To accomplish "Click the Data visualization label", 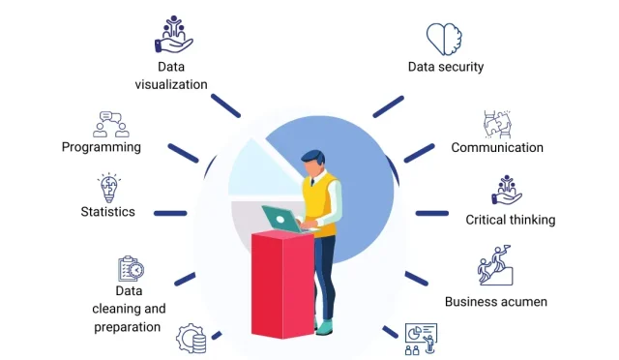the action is [x=170, y=75].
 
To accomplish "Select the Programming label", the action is [x=102, y=147].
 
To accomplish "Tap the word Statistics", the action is [x=108, y=211].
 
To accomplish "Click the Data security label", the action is [x=445, y=67].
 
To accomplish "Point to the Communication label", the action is [x=497, y=148].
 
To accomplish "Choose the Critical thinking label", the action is [x=511, y=220].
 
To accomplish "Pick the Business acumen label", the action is [x=496, y=301].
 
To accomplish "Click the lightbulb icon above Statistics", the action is [x=109, y=186].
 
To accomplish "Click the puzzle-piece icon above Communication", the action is [x=497, y=123].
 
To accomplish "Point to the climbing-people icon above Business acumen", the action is [x=495, y=271].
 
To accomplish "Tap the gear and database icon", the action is [x=191, y=339].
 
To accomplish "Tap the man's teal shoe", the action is [x=325, y=326].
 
